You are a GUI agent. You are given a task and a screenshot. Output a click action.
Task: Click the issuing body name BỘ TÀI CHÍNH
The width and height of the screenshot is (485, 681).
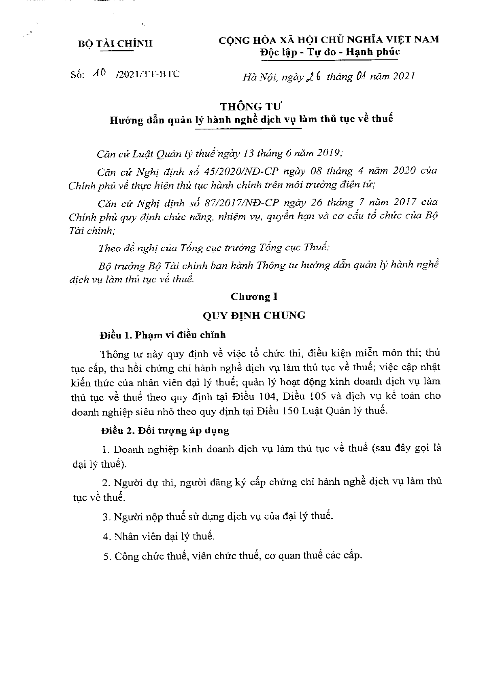115,44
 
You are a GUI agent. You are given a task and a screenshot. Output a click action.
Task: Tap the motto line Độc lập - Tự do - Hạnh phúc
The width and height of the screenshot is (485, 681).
330,52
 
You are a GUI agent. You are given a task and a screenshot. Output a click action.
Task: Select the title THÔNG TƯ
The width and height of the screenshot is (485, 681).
251,107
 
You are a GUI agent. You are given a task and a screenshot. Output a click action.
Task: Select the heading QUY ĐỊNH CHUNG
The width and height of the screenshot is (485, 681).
254,315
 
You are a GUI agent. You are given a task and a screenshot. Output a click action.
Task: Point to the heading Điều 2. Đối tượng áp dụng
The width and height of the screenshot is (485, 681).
165,431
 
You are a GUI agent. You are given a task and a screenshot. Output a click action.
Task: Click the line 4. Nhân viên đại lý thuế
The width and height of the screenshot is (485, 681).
158,537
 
